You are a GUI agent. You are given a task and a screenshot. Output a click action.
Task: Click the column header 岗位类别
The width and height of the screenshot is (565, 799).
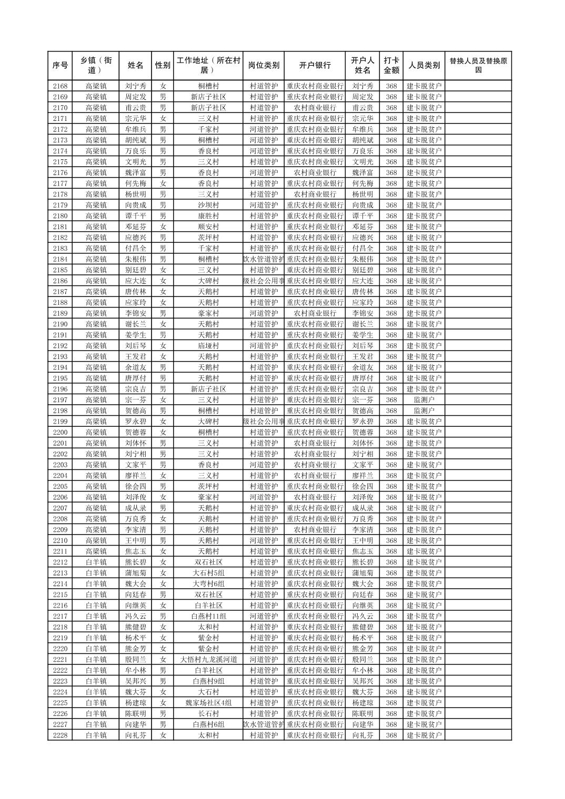click(x=264, y=65)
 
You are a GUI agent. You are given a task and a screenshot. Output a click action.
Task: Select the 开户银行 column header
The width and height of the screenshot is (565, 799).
click(x=315, y=65)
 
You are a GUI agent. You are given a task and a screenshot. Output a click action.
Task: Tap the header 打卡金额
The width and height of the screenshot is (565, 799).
click(x=391, y=65)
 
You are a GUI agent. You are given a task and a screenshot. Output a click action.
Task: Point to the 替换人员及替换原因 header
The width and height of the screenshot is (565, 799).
click(x=478, y=65)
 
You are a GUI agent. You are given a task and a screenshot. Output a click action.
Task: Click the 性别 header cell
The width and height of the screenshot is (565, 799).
click(x=163, y=65)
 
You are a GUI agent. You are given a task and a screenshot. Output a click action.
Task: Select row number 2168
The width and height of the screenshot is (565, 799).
click(x=60, y=86)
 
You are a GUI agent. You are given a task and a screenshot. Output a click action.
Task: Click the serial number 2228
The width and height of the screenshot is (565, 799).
click(x=60, y=735)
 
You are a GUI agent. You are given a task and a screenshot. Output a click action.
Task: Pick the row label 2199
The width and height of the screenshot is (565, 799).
click(x=60, y=421)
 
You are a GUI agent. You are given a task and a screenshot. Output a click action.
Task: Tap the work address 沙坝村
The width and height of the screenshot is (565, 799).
click(x=208, y=205)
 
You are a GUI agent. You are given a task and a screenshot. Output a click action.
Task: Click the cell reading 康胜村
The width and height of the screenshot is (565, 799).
click(x=208, y=216)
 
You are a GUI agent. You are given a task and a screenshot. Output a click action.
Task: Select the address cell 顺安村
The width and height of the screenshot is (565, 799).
click(x=208, y=227)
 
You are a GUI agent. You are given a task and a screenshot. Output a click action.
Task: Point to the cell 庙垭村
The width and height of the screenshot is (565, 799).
click(x=208, y=345)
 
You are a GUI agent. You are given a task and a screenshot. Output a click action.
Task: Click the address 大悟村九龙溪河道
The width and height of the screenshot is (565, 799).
click(x=208, y=659)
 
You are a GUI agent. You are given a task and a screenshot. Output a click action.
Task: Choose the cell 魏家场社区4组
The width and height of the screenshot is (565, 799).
click(x=208, y=702)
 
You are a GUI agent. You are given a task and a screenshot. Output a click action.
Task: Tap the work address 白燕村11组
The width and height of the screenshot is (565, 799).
click(x=208, y=616)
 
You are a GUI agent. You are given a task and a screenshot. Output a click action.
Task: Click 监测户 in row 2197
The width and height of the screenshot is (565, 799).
click(x=424, y=399)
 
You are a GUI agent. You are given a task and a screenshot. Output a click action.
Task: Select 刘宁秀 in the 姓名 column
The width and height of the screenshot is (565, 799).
click(x=136, y=86)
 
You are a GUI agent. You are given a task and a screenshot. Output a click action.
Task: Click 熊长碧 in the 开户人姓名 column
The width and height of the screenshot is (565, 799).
click(x=362, y=562)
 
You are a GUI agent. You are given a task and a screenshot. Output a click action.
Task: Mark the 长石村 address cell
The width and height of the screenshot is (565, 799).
click(x=208, y=713)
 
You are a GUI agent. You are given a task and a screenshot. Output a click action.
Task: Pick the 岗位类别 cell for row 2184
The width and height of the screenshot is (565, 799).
click(x=264, y=259)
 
